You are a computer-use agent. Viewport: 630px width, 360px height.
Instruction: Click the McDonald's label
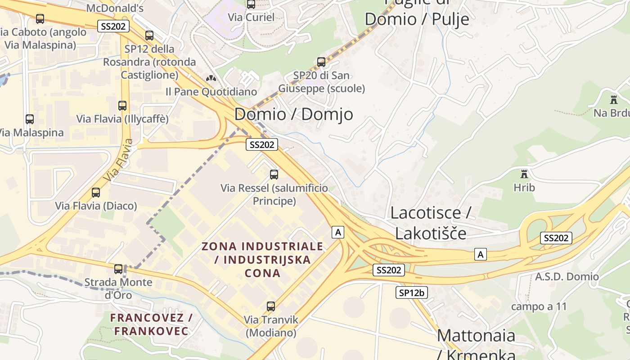114,8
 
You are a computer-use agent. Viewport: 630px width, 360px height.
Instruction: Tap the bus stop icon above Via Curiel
251,4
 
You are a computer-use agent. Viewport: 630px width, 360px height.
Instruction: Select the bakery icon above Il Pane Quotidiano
210,78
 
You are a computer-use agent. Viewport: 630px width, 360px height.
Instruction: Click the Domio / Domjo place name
293,114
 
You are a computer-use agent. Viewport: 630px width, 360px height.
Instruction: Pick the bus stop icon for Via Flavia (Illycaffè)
122,106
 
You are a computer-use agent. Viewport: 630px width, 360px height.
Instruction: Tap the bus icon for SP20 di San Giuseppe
321,62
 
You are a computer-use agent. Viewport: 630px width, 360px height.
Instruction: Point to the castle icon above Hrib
524,174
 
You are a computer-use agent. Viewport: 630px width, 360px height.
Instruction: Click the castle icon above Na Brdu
613,99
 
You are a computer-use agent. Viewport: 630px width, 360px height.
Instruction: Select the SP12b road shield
411,292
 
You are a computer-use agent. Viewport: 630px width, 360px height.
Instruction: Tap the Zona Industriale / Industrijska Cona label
262,260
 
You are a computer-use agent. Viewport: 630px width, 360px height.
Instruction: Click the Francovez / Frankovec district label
151,324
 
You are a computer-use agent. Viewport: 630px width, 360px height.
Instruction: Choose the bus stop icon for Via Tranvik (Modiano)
271,306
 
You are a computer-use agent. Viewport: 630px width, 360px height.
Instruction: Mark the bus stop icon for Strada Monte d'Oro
118,269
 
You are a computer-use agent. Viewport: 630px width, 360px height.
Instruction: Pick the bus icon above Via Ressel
274,175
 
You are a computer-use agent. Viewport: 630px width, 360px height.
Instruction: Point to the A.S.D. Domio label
567,277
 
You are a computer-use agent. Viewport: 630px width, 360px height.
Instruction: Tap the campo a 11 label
539,307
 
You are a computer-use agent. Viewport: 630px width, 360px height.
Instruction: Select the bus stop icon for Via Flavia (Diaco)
96,193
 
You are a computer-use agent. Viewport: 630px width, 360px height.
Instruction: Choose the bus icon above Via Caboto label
40,19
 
